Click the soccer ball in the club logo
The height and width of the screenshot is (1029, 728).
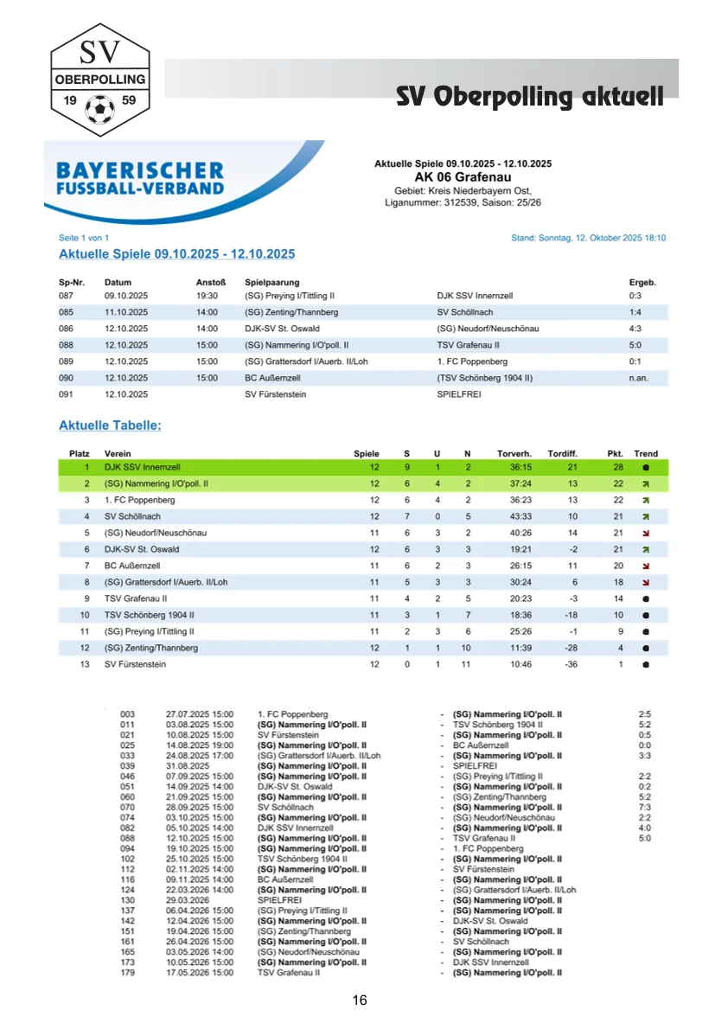pos(100,109)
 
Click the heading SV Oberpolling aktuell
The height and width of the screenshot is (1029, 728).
pos(529,96)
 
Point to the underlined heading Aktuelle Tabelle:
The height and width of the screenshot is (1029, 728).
pos(110,425)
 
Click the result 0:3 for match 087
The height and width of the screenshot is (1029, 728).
pos(635,296)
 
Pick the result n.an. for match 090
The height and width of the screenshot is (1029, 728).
pos(638,378)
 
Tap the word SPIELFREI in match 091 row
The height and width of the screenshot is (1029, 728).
pos(460,394)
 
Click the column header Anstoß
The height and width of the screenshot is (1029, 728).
pos(211,282)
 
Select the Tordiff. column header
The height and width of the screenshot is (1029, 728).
pos(562,454)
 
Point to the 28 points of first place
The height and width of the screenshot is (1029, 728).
pos(617,467)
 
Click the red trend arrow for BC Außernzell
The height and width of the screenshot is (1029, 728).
pos(645,566)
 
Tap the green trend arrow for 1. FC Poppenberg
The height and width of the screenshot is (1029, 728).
pos(645,500)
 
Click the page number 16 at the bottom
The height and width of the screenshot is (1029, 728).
pos(360,1000)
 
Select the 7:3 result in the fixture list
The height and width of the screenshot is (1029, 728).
pos(644,807)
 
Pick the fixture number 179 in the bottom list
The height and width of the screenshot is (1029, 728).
pos(128,972)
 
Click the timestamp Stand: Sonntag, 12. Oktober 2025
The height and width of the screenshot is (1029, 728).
pos(588,238)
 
